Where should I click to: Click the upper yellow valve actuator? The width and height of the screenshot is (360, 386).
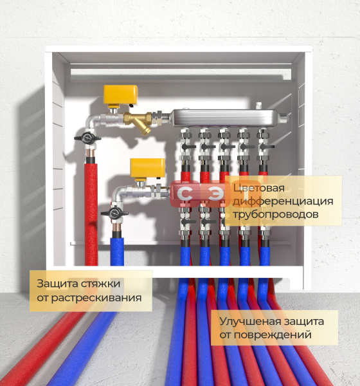click(120, 95)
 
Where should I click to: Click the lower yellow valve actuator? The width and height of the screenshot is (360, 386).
click(147, 168)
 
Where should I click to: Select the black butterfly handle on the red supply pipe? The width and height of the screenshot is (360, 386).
click(87, 138)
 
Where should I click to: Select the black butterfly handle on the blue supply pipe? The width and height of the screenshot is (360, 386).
click(114, 213)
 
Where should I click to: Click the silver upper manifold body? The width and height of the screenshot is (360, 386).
click(224, 118)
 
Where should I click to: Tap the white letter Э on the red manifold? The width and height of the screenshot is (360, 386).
click(217, 194)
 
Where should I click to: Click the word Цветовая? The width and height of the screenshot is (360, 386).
click(258, 188)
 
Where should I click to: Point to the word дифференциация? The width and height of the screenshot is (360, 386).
click(283, 201)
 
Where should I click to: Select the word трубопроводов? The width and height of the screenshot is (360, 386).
click(276, 214)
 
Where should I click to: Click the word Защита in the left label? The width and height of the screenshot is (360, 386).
click(57, 284)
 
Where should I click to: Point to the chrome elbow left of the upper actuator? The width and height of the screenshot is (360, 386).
click(92, 121)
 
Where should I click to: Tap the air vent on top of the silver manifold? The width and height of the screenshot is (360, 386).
click(258, 106)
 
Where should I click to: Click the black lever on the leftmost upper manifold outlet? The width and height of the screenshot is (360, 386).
click(189, 147)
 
